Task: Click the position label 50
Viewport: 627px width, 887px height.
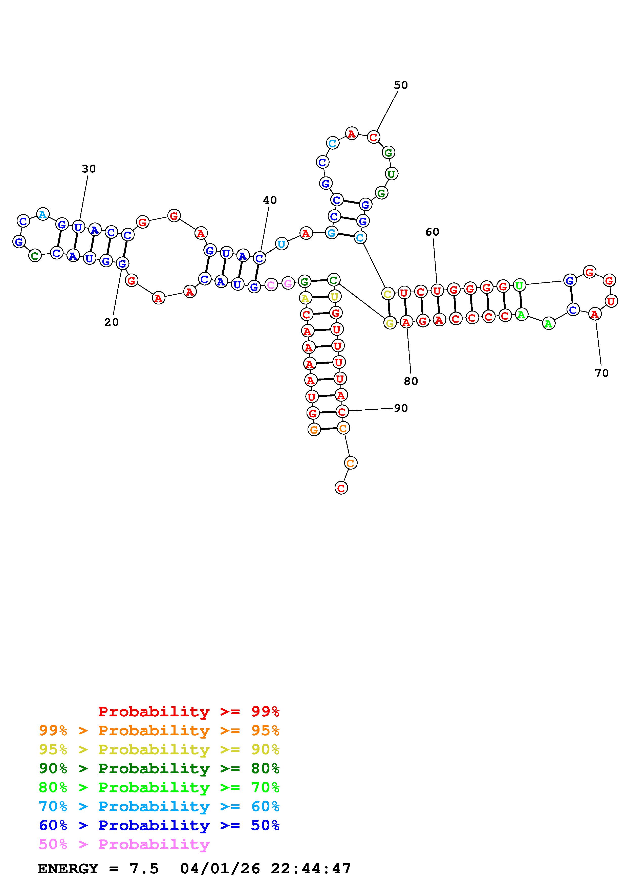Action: pyautogui.click(x=401, y=85)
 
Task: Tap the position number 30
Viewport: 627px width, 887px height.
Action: pyautogui.click(x=89, y=169)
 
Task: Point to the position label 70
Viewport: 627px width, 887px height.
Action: pyautogui.click(x=601, y=373)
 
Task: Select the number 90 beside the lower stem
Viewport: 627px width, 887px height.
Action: pyautogui.click(x=401, y=408)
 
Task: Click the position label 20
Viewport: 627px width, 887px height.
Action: pyautogui.click(x=111, y=322)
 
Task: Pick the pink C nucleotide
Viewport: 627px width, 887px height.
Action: pyautogui.click(x=271, y=285)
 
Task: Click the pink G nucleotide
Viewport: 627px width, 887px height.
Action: pyautogui.click(x=288, y=283)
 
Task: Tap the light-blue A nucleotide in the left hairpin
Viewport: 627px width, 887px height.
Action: pyautogui.click(x=43, y=214)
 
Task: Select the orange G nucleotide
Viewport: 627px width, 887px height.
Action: pyautogui.click(x=314, y=429)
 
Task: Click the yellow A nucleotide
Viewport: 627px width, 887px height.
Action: pyautogui.click(x=305, y=298)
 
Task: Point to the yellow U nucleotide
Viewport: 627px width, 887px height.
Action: pyautogui.click(x=335, y=296)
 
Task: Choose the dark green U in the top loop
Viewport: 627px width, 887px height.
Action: pyautogui.click(x=391, y=174)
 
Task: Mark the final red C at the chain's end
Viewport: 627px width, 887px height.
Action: pyautogui.click(x=341, y=488)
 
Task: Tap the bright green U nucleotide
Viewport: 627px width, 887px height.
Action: pyautogui.click(x=520, y=285)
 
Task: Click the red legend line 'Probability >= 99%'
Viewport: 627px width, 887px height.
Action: pyautogui.click(x=189, y=712)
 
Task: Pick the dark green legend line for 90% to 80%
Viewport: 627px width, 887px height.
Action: pyautogui.click(x=159, y=769)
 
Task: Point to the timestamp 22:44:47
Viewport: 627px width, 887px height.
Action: pyautogui.click(x=311, y=869)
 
